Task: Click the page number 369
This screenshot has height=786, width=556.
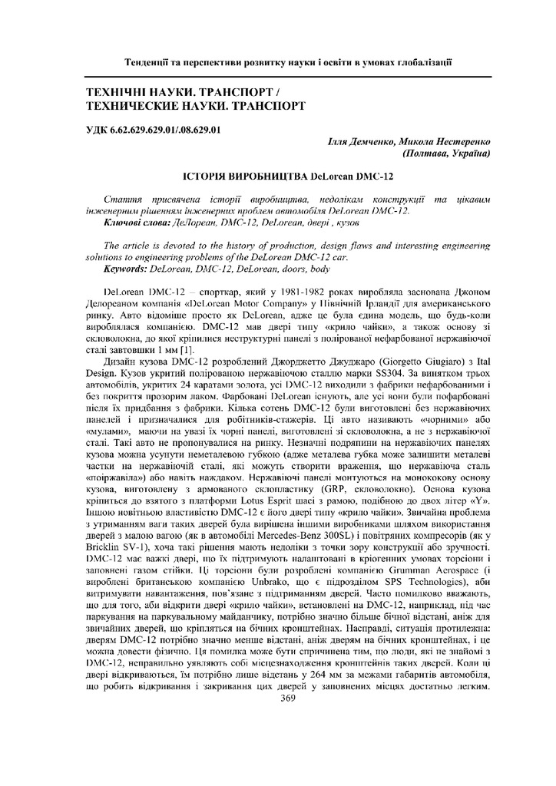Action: (288, 698)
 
